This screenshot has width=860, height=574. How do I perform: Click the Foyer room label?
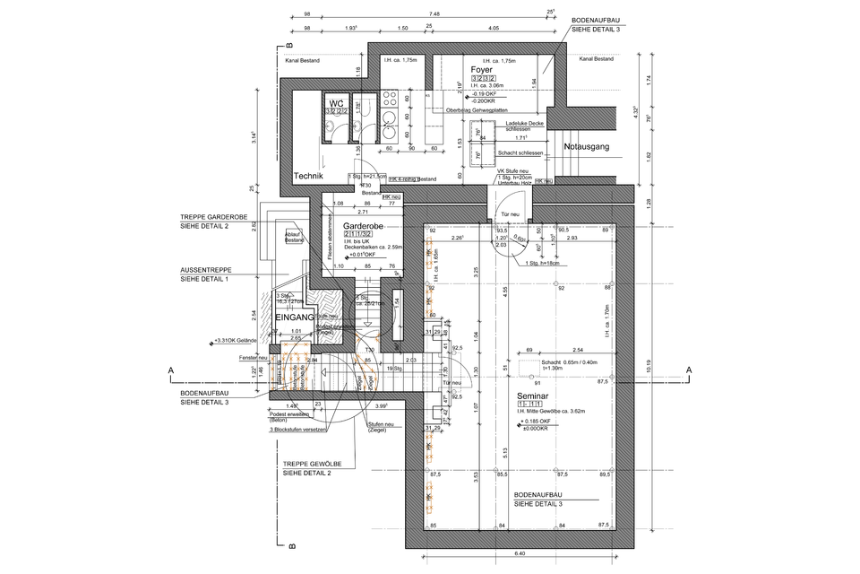coord(483,69)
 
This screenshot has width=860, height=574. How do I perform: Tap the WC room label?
coord(337,103)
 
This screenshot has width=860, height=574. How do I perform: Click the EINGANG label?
coord(294,317)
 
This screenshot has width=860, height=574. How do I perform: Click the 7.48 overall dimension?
coord(434,14)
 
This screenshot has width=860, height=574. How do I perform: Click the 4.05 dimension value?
coord(494,29)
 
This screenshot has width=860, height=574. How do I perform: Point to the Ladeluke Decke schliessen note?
coord(527,126)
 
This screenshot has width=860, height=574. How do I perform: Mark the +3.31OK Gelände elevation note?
coord(234,341)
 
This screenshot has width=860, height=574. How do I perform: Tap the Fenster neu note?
coord(254,358)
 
